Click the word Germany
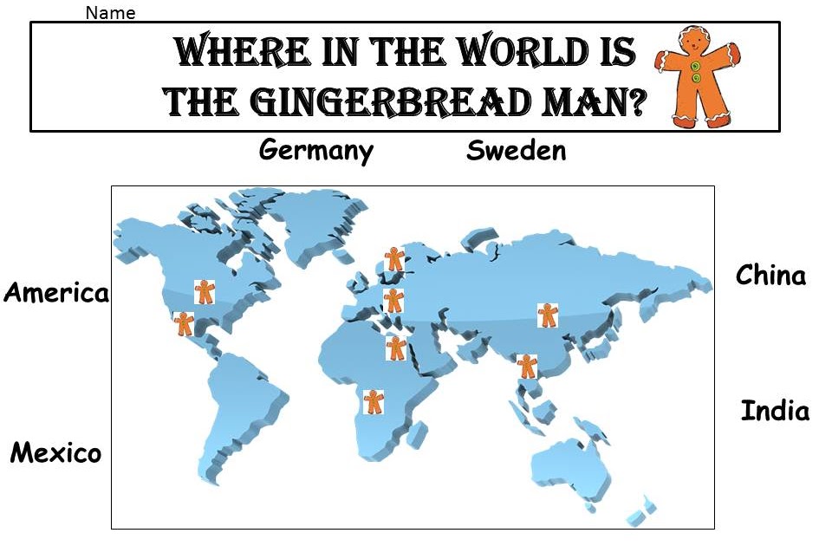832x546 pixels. tap(316, 151)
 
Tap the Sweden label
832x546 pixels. tap(516, 151)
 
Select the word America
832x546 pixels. tap(56, 293)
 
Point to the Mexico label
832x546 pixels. tap(55, 452)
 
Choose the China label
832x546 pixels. tap(770, 276)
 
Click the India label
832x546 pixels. tap(775, 411)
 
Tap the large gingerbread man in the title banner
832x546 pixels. tap(699, 76)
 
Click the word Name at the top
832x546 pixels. tap(111, 13)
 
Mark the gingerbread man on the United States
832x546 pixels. tap(205, 291)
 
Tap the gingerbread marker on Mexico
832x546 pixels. tap(184, 324)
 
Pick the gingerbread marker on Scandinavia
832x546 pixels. tap(394, 258)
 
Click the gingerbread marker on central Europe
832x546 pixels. tap(393, 300)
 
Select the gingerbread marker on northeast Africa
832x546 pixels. tap(395, 348)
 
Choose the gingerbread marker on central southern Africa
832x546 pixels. tap(373, 401)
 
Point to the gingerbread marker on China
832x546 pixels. tap(547, 315)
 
